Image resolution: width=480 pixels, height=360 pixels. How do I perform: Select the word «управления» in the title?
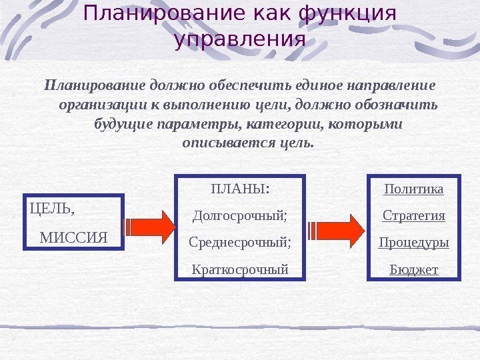pos(239,40)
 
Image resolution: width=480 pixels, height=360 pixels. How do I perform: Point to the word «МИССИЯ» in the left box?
pos(74,237)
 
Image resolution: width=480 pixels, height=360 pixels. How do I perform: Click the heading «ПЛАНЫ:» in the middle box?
pos(240,188)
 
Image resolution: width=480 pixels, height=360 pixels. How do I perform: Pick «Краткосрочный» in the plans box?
pos(240,269)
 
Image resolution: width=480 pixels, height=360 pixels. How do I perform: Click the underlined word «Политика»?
pos(414,189)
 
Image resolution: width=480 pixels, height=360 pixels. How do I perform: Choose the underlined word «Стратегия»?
pos(414,216)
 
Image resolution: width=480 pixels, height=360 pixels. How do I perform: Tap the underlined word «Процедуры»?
pos(414,242)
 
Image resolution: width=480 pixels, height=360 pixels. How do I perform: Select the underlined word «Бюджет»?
pos(414,269)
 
